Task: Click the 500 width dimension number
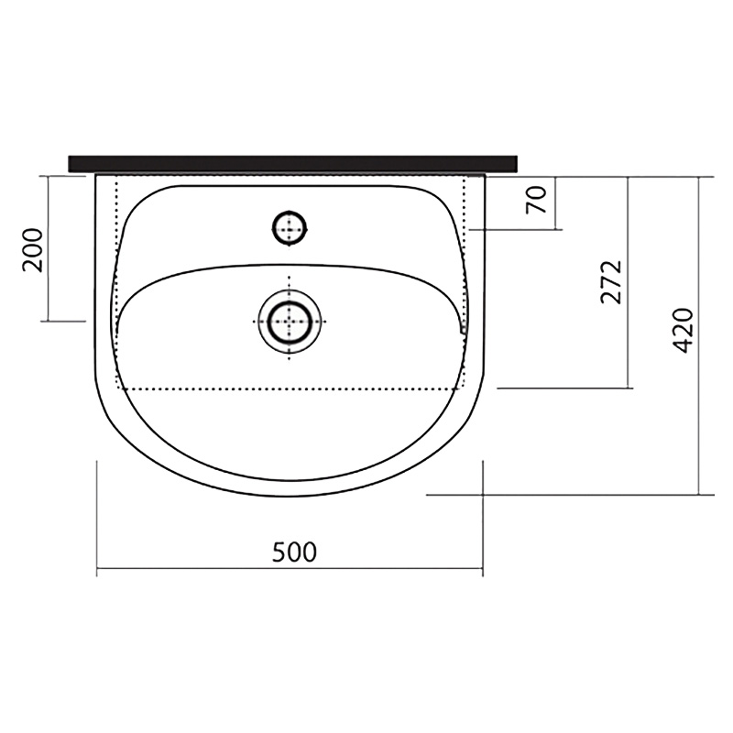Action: point(294,552)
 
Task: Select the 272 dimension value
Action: point(612,282)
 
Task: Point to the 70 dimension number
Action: point(536,200)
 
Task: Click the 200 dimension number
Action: point(33,250)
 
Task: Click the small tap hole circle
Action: point(290,228)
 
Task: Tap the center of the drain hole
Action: point(290,322)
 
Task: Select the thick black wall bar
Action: point(292,164)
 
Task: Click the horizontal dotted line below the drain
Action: point(290,388)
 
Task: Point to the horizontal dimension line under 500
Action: point(290,568)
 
